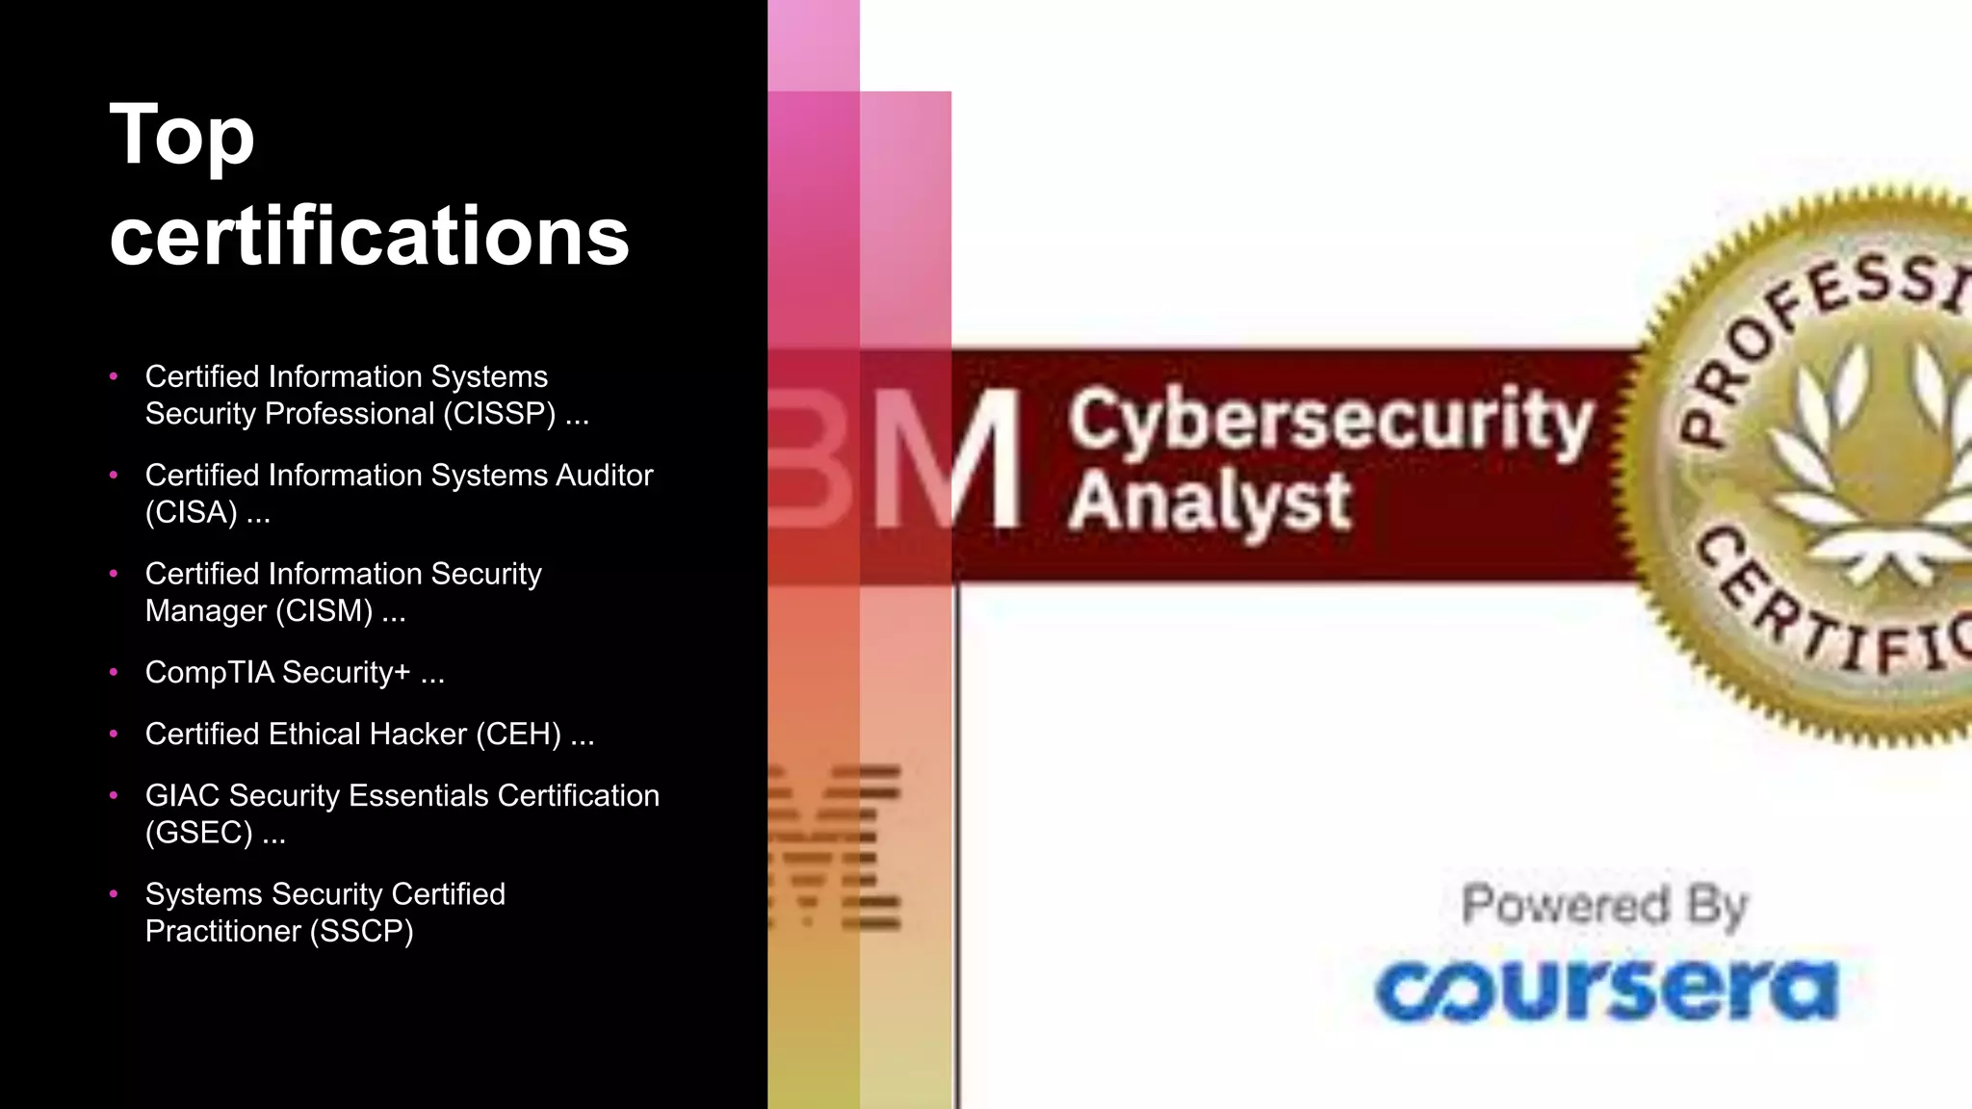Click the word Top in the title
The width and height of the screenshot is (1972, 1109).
point(182,137)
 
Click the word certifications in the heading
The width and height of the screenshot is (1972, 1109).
point(369,236)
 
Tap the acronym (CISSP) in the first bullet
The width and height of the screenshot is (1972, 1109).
point(499,414)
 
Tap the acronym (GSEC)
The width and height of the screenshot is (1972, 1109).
point(198,833)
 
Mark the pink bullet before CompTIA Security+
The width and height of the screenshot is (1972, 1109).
point(114,672)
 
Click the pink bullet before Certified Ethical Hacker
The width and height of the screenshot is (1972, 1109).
point(114,734)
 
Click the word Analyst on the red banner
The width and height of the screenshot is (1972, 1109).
point(1209,503)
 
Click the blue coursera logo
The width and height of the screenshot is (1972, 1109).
point(1605,990)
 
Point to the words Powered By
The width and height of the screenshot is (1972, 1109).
point(1603,906)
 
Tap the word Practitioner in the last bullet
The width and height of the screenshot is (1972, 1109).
point(222,932)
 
